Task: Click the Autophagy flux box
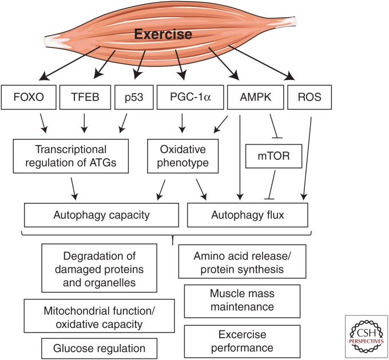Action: pyautogui.click(x=248, y=216)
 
